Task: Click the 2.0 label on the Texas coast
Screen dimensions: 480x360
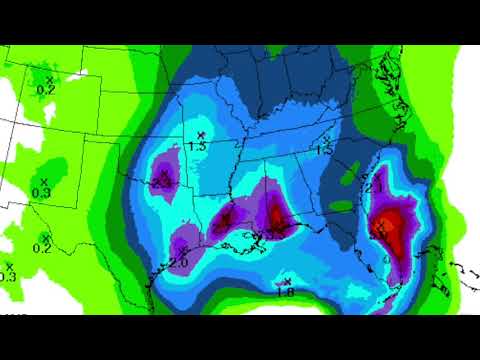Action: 179,263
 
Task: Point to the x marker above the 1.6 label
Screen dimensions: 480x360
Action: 287,281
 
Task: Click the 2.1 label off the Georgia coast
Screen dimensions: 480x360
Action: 376,188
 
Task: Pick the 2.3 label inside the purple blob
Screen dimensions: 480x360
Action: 162,183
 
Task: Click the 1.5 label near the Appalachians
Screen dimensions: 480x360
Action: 324,150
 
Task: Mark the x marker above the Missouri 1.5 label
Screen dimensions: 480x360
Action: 201,135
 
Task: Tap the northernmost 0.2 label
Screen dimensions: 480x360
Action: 45,89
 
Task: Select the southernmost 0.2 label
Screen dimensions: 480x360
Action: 43,248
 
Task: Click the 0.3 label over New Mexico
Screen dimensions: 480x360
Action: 41,192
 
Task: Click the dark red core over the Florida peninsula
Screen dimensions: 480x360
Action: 390,225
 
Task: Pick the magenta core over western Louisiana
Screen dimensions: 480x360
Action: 226,218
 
